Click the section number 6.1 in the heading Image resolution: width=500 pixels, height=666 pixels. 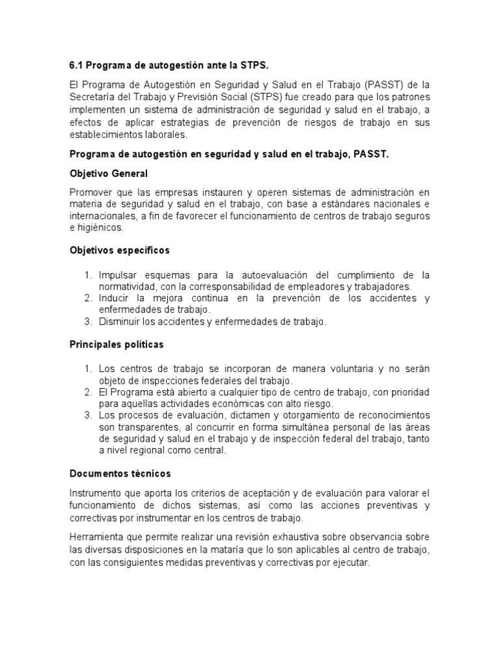coord(76,66)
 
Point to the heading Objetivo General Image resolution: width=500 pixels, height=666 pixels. coord(109,174)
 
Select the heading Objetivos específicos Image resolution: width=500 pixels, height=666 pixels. coord(119,250)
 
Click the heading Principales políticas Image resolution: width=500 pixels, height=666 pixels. coord(117,344)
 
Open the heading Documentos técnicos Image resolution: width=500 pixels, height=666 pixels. coord(120,474)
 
